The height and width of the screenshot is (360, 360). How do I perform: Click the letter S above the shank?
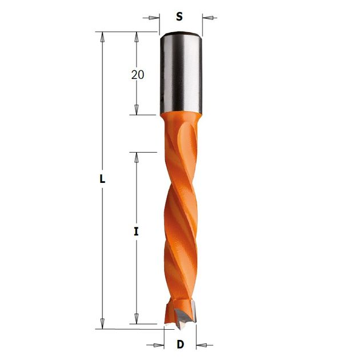(179, 17)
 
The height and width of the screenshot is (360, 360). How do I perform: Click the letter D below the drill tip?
(181, 345)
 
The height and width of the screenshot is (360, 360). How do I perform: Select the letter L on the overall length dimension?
(102, 179)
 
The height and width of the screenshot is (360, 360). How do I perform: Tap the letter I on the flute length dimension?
(137, 231)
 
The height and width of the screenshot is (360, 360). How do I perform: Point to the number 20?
(138, 75)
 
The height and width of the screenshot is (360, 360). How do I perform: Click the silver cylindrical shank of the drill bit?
(181, 73)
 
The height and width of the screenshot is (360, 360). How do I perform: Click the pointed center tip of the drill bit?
(180, 327)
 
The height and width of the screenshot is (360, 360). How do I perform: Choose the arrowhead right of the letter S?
(208, 18)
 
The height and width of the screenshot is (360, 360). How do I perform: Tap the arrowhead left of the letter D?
(159, 345)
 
